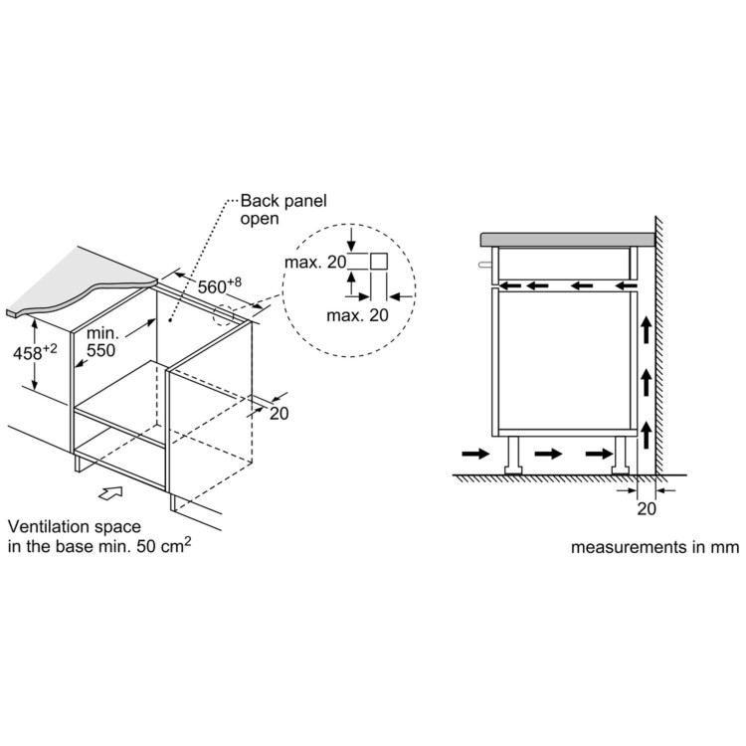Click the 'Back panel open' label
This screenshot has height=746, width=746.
tap(283, 209)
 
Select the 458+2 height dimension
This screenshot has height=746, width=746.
tap(35, 352)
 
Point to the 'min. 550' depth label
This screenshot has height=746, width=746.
tap(100, 342)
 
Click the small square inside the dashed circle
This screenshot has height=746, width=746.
tap(379, 262)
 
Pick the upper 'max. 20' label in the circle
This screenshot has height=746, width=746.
tap(315, 263)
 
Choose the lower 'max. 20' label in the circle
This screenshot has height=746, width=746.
tap(357, 315)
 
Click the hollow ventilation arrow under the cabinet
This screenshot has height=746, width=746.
tap(110, 493)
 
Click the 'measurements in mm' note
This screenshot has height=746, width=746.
tap(654, 547)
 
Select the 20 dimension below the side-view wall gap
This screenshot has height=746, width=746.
tap(647, 508)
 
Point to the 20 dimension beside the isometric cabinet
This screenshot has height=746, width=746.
tap(279, 414)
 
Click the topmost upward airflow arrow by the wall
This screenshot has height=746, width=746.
tap(646, 329)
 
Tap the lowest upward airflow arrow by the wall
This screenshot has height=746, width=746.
tap(646, 436)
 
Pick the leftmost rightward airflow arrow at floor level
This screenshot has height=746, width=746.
tap(475, 454)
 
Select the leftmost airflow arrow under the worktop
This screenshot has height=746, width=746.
tap(511, 285)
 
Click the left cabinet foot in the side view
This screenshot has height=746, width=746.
tap(513, 455)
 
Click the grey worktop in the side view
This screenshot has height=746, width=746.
tap(568, 240)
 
